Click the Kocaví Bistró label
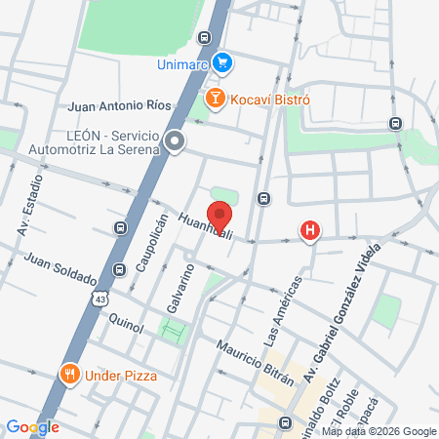269,100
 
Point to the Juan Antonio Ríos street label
120,105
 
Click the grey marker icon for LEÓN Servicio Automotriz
175,142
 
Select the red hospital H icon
310,231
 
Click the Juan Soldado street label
60,270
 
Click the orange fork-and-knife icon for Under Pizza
69,375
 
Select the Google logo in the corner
32,426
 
